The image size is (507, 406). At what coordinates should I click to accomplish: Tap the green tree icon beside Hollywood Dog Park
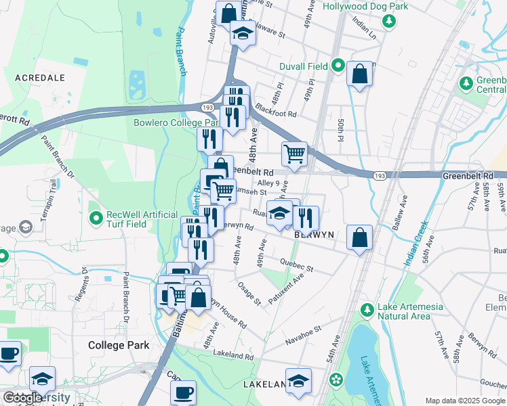[x=390, y=21]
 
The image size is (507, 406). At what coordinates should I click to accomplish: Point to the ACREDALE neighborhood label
[x=39, y=78]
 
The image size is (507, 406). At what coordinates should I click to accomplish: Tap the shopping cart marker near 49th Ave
[x=294, y=154]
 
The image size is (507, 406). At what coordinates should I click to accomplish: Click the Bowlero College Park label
[x=167, y=123]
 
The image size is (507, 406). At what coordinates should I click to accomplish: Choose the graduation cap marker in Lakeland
[x=298, y=381]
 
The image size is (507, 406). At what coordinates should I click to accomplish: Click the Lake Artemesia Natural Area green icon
[x=367, y=311]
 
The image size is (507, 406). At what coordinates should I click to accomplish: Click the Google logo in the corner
[x=22, y=398]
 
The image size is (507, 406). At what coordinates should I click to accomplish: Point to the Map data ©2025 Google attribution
[x=464, y=401]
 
